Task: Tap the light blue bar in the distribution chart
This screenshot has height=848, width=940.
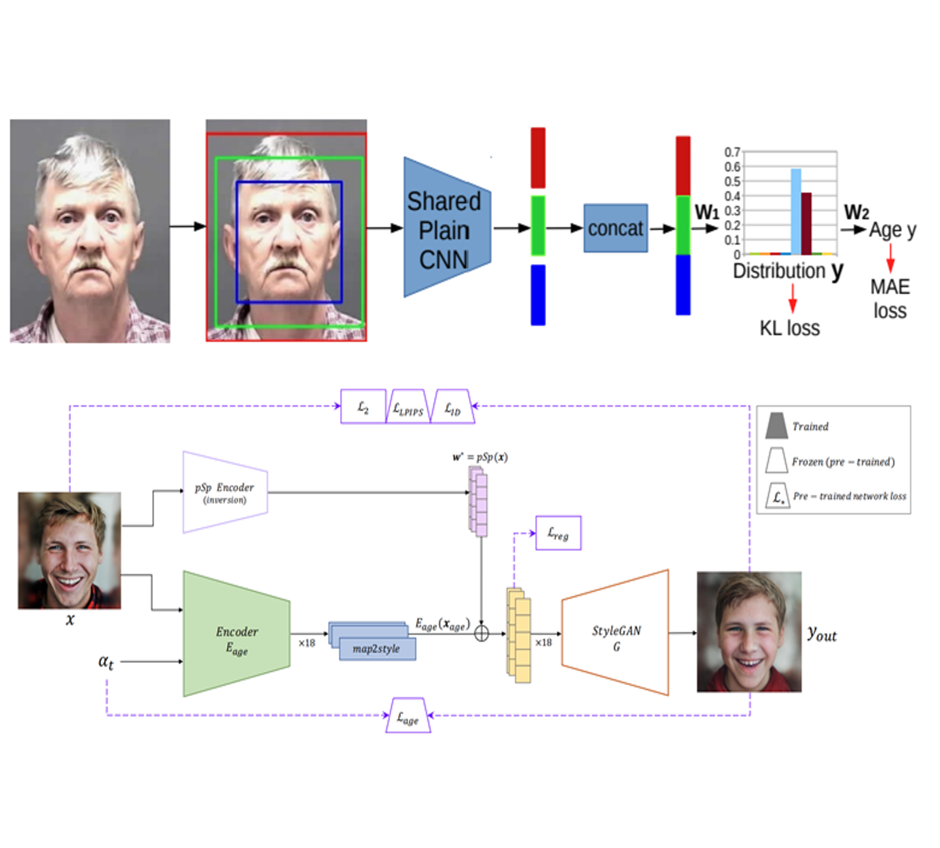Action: [796, 212]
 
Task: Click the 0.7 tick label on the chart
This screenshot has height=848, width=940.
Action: [732, 152]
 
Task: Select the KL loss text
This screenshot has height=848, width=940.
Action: [790, 328]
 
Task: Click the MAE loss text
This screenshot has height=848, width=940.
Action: [890, 299]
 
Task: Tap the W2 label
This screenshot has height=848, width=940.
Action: [856, 212]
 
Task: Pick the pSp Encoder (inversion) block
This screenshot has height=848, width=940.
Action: [225, 492]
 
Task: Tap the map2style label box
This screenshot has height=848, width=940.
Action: [377, 649]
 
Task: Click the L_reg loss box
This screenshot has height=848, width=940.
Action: [558, 533]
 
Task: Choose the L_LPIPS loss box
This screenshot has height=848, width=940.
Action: [408, 407]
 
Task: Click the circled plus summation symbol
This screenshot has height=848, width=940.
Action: [481, 634]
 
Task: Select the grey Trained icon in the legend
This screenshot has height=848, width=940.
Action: [777, 425]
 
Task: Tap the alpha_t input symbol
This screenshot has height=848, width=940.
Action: [106, 662]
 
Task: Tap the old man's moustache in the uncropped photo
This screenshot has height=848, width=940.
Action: [90, 265]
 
